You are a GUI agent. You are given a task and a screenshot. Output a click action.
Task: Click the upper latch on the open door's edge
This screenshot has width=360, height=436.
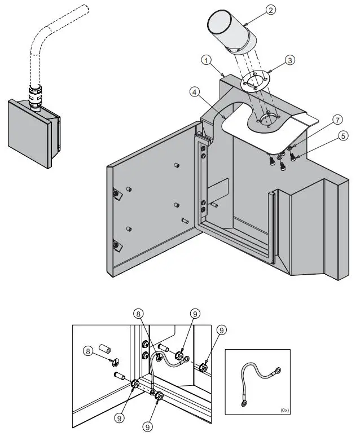pos(116,194)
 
